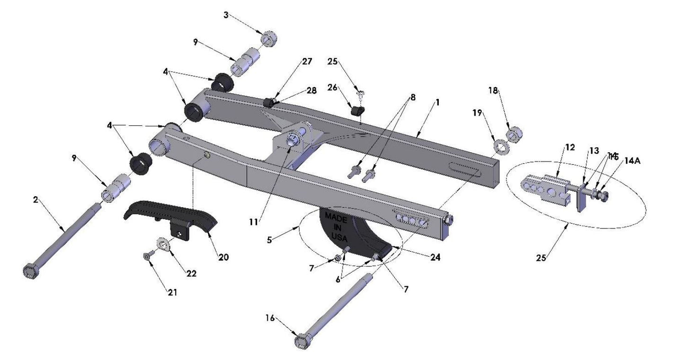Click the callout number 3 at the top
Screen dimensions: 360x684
(x=226, y=15)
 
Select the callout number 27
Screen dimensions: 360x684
(x=307, y=61)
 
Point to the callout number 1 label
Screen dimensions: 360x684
(x=437, y=102)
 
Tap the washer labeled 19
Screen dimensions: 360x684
(x=500, y=147)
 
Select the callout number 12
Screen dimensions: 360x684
(x=569, y=147)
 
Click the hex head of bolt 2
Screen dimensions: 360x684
(x=30, y=271)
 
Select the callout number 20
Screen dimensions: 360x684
(x=223, y=257)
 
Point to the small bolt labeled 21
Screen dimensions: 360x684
(x=146, y=256)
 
